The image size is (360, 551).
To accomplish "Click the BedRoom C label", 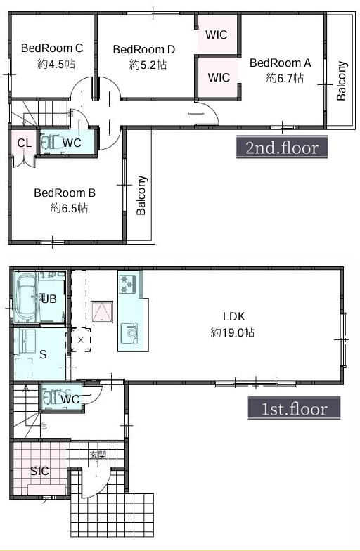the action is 52,48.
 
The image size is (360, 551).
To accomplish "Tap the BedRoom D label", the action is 143,49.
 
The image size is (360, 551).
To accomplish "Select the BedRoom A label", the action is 280,63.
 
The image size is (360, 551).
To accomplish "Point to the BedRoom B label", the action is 65,193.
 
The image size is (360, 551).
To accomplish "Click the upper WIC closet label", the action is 217,35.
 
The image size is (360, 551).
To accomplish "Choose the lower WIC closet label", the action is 219,77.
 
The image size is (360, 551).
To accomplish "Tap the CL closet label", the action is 24,143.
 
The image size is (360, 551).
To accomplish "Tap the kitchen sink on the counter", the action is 129,332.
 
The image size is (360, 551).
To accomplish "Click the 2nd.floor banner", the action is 282,148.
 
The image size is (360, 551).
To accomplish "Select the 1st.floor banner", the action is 294,409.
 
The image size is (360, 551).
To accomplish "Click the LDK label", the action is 233,316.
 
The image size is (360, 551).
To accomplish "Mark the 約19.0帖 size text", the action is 232,332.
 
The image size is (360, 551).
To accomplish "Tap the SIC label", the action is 39,471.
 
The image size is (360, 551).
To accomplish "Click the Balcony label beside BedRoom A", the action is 342,81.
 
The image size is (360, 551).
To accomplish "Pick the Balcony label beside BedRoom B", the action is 141,195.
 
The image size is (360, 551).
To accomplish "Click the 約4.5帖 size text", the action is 56,65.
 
